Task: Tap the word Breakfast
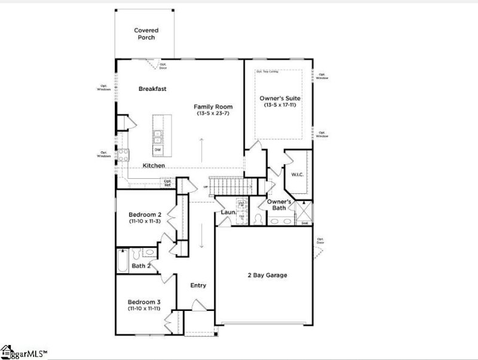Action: pos(152,89)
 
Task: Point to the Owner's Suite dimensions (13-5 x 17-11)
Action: pos(280,105)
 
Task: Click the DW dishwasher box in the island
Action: pos(158,150)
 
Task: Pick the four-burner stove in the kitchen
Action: pos(123,155)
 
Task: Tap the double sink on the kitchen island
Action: pos(158,136)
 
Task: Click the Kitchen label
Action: pos(154,165)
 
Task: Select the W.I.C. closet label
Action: pos(298,175)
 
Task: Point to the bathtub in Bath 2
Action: pos(122,261)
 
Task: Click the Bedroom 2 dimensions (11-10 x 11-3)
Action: pos(145,221)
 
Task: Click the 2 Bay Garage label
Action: pos(268,275)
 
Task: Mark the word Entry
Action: pos(198,285)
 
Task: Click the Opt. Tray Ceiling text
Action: pos(268,71)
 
